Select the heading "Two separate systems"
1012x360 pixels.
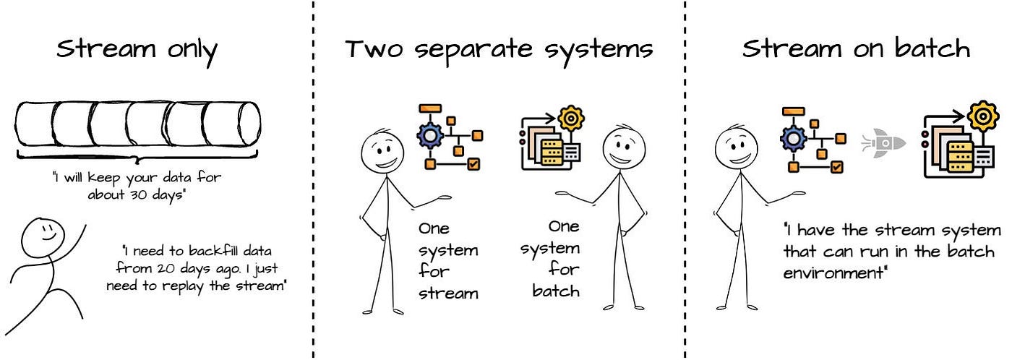499,49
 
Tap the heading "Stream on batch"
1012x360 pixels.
856,49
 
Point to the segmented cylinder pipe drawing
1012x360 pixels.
138,124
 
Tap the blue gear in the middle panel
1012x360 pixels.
431,135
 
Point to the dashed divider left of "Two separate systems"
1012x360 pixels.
314,181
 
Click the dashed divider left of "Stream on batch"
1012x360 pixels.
685,181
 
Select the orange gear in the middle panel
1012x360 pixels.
571,117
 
